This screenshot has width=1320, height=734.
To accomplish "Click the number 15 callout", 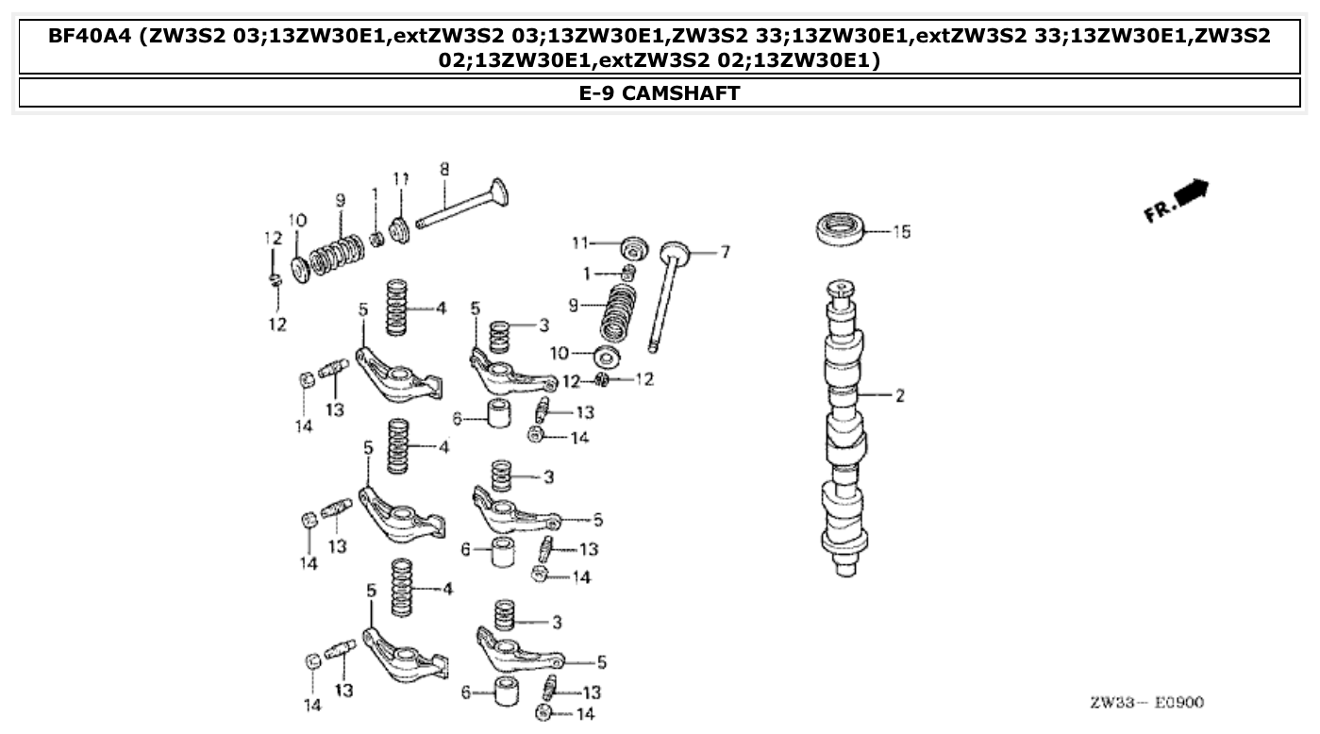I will coord(901,231).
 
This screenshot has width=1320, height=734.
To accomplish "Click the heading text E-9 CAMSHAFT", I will coord(660,92).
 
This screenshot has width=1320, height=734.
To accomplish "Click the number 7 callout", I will coord(725,252).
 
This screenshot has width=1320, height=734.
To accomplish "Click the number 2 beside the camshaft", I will coord(899,395).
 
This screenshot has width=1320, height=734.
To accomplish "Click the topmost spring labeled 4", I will coord(401,308).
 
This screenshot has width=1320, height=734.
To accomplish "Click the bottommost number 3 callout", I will coord(558,622).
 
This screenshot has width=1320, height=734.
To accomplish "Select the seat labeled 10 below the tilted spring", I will coord(607,358).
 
